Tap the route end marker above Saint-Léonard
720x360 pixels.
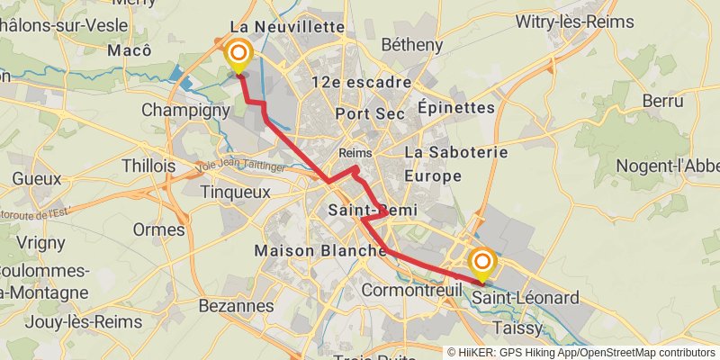pos(483,263)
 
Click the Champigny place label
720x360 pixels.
pos(186,112)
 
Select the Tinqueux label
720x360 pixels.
pos(235,192)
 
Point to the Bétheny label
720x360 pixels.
pos(412,44)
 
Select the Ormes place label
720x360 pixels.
pos(158,229)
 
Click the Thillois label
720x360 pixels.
pos(148,166)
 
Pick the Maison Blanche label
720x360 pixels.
pos(321,250)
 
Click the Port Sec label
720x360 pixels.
pos(366,113)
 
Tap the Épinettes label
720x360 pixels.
pos(456,107)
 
